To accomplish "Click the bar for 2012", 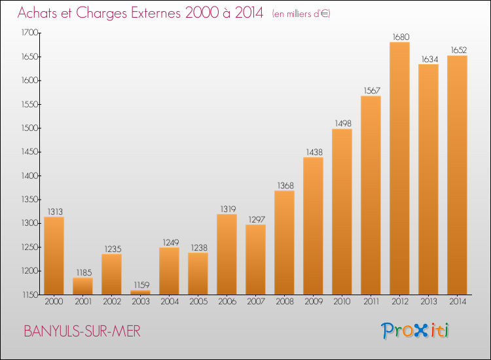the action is click(399, 168).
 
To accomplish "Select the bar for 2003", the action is click(140, 293).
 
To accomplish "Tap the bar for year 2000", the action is click(54, 256).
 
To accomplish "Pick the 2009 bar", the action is click(313, 226).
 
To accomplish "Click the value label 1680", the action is click(401, 37).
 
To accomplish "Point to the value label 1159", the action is click(142, 285).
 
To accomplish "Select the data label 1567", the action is click(372, 91).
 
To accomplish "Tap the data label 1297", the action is click(257, 220).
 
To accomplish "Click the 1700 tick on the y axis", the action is click(29, 33).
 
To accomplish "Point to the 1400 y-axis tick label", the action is click(29, 175).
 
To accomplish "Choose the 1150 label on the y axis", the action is click(30, 295).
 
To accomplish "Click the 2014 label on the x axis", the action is click(458, 302).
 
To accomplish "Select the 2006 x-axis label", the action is click(227, 302).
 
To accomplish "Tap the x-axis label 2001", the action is click(83, 302).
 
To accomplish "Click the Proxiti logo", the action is click(415, 331).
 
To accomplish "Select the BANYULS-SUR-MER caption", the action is click(82, 331).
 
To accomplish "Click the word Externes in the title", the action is click(156, 13).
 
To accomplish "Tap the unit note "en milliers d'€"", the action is click(301, 14).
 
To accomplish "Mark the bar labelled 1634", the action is click(428, 179).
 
